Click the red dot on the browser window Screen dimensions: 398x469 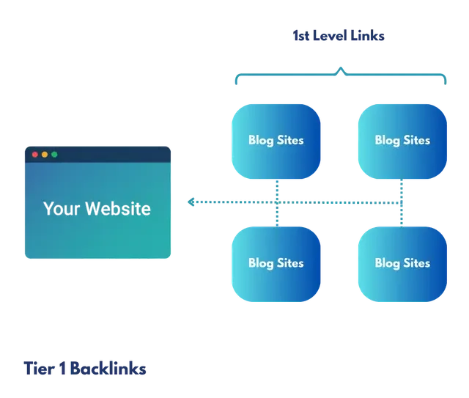point(34,155)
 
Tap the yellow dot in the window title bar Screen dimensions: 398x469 point(44,155)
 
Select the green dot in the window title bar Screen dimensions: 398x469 point(53,155)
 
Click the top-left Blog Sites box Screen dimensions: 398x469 point(276,140)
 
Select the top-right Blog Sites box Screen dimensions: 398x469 point(402,140)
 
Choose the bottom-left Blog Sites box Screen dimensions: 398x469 point(276,262)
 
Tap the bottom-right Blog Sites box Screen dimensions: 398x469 point(402,262)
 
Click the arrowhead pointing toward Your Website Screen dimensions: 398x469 point(191,201)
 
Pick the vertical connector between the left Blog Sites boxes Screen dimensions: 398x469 point(276,202)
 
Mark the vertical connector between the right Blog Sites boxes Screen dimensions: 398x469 point(402,202)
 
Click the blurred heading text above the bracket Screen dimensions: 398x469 point(339,34)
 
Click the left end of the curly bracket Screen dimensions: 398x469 point(234,81)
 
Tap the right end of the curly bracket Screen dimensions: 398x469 point(447,81)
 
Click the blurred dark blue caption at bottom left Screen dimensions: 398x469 point(84,367)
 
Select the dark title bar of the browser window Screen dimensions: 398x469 point(110,155)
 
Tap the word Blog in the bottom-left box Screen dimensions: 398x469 point(260,262)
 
